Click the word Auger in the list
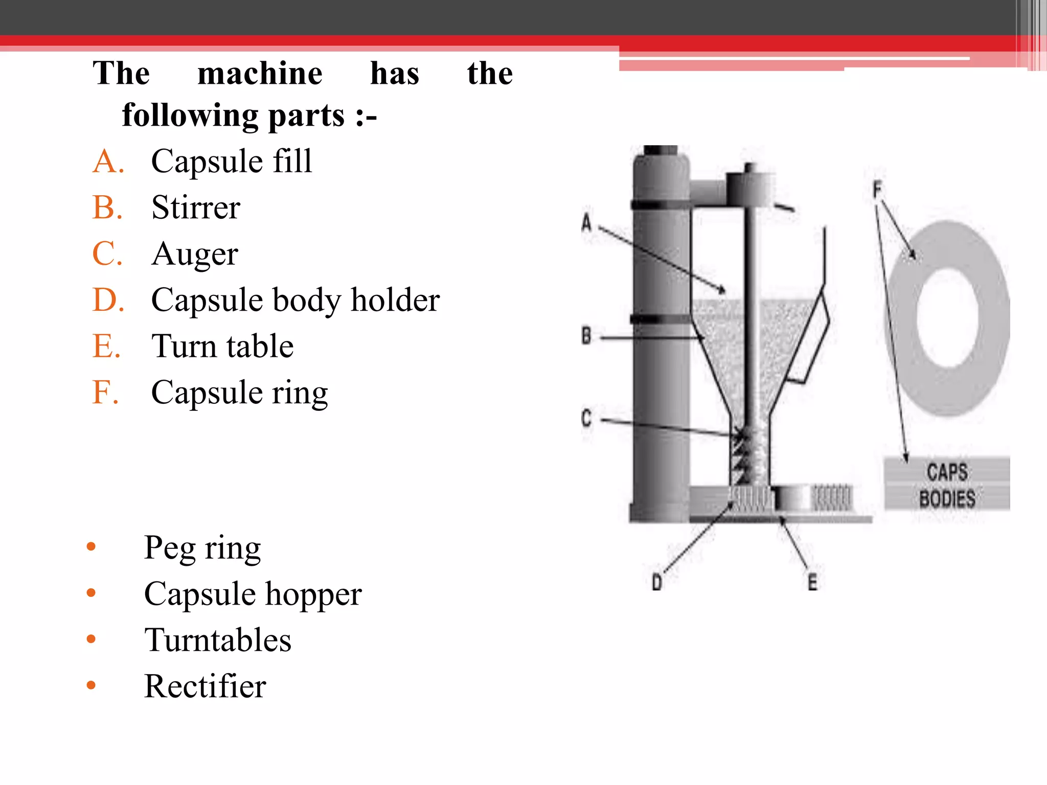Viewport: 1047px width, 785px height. coord(195,254)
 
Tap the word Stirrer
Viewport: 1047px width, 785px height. coord(196,208)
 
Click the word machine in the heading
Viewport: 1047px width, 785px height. coord(260,74)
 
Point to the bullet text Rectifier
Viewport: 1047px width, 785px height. coord(205,686)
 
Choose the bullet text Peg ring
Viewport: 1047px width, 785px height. coord(202,548)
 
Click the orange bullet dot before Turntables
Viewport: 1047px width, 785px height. coord(92,639)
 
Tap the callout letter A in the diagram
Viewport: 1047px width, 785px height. coord(586,223)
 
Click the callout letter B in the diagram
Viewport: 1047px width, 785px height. coord(586,336)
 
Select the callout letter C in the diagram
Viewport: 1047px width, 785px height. coord(586,418)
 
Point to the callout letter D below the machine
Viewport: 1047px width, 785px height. coord(657,582)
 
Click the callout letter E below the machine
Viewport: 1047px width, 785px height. coord(812,582)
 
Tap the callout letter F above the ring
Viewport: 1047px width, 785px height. coord(877,190)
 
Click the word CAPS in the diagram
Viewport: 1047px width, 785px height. coord(947,472)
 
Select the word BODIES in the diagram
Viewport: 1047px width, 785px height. coord(947,499)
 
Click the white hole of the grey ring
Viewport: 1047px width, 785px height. coord(947,318)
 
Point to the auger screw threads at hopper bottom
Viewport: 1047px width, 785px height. coord(741,455)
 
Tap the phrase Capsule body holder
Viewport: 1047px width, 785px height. coord(295,300)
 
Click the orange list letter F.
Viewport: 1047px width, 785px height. coord(105,392)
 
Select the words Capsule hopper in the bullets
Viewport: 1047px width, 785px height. coord(253,594)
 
